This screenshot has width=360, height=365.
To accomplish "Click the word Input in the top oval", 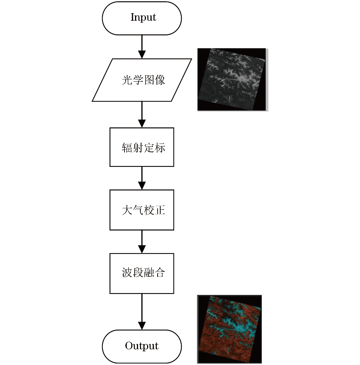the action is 143,17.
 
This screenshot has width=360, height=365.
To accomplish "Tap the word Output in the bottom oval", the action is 142,346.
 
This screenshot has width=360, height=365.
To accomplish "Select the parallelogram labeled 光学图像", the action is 142,80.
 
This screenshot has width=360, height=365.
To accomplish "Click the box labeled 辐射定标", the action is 142,147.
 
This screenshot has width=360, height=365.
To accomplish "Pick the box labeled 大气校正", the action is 142,210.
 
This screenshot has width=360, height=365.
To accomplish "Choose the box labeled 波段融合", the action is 142,273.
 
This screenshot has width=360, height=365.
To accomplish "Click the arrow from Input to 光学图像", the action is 142,47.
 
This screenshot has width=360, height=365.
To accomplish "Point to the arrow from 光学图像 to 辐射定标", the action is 142,114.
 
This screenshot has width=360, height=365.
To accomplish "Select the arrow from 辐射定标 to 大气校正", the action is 142,178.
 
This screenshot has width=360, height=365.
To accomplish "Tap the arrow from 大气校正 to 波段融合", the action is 142,241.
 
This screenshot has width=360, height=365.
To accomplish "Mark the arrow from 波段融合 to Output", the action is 142,312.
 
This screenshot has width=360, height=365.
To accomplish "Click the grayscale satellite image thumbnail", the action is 232,79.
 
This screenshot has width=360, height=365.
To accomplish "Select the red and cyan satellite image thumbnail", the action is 229,329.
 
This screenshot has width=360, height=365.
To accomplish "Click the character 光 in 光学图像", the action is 128,80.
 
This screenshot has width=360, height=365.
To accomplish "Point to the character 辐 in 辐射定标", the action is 128,148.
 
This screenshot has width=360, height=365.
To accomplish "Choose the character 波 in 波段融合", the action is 128,272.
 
